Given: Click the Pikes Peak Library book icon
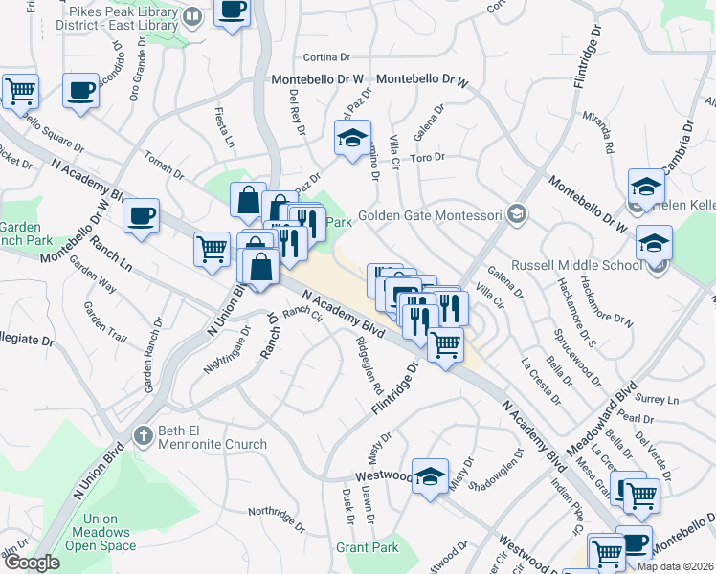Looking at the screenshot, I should [x=192, y=16].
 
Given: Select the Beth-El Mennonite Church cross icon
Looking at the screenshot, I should [x=144, y=435].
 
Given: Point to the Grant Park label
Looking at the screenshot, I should [x=367, y=548].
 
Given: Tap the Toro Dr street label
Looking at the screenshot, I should [x=428, y=157].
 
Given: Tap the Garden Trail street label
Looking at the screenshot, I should [x=105, y=321].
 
